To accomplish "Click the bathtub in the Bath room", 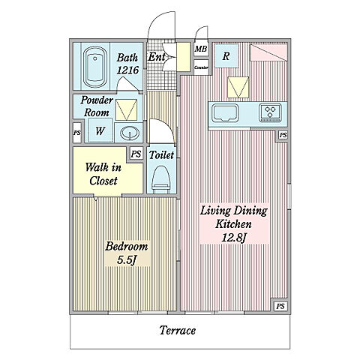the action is click(x=95, y=67).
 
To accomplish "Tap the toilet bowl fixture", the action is click(x=161, y=179).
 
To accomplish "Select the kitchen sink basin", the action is click(x=225, y=113).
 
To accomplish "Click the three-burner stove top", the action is click(x=270, y=112).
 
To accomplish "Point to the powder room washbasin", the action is click(x=130, y=133).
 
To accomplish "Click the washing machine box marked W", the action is click(x=100, y=130).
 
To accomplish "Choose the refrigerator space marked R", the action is click(x=226, y=56).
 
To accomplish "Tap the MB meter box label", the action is click(x=201, y=49).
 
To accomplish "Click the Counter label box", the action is click(x=201, y=67).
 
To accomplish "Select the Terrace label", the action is click(x=178, y=330).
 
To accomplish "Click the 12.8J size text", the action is click(x=235, y=238).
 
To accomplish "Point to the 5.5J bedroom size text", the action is click(x=127, y=260).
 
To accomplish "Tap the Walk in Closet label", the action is click(x=103, y=174).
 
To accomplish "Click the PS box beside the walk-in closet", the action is click(x=136, y=154).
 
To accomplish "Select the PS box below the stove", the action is click(x=283, y=135).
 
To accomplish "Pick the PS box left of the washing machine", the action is click(x=77, y=133).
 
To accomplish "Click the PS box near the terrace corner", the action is click(x=280, y=306).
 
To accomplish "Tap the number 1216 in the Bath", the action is click(x=127, y=70).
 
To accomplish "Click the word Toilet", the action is click(x=161, y=155).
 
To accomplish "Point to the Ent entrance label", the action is click(x=157, y=57).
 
